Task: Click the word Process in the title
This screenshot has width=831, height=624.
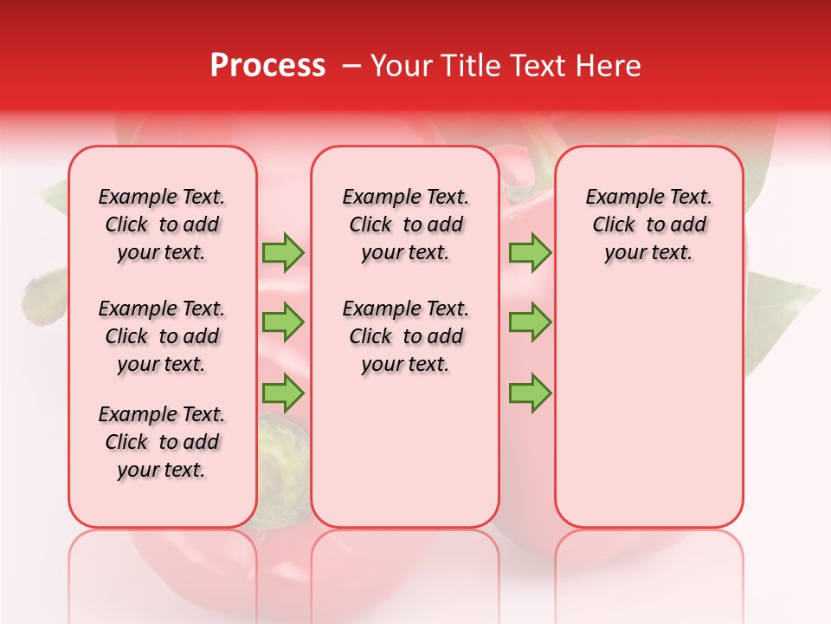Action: click(267, 66)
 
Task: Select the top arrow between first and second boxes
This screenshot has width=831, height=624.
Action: click(283, 252)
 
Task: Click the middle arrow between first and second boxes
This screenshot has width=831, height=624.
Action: click(283, 322)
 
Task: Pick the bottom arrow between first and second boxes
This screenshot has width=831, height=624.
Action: click(283, 393)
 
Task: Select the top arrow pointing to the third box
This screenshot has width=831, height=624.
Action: click(530, 252)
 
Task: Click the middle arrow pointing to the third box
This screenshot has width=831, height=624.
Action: click(530, 322)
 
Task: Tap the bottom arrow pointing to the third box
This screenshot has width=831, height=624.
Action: click(530, 393)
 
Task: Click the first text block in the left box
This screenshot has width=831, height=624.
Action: click(162, 224)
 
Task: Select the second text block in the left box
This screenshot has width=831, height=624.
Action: click(162, 336)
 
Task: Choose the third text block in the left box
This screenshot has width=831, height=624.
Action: click(162, 442)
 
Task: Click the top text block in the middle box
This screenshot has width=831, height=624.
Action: click(405, 224)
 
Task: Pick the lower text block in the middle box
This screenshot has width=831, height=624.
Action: click(405, 336)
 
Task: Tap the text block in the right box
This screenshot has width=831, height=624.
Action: click(648, 224)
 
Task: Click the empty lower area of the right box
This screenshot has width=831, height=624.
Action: click(648, 416)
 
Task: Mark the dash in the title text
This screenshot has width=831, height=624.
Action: click(351, 67)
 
